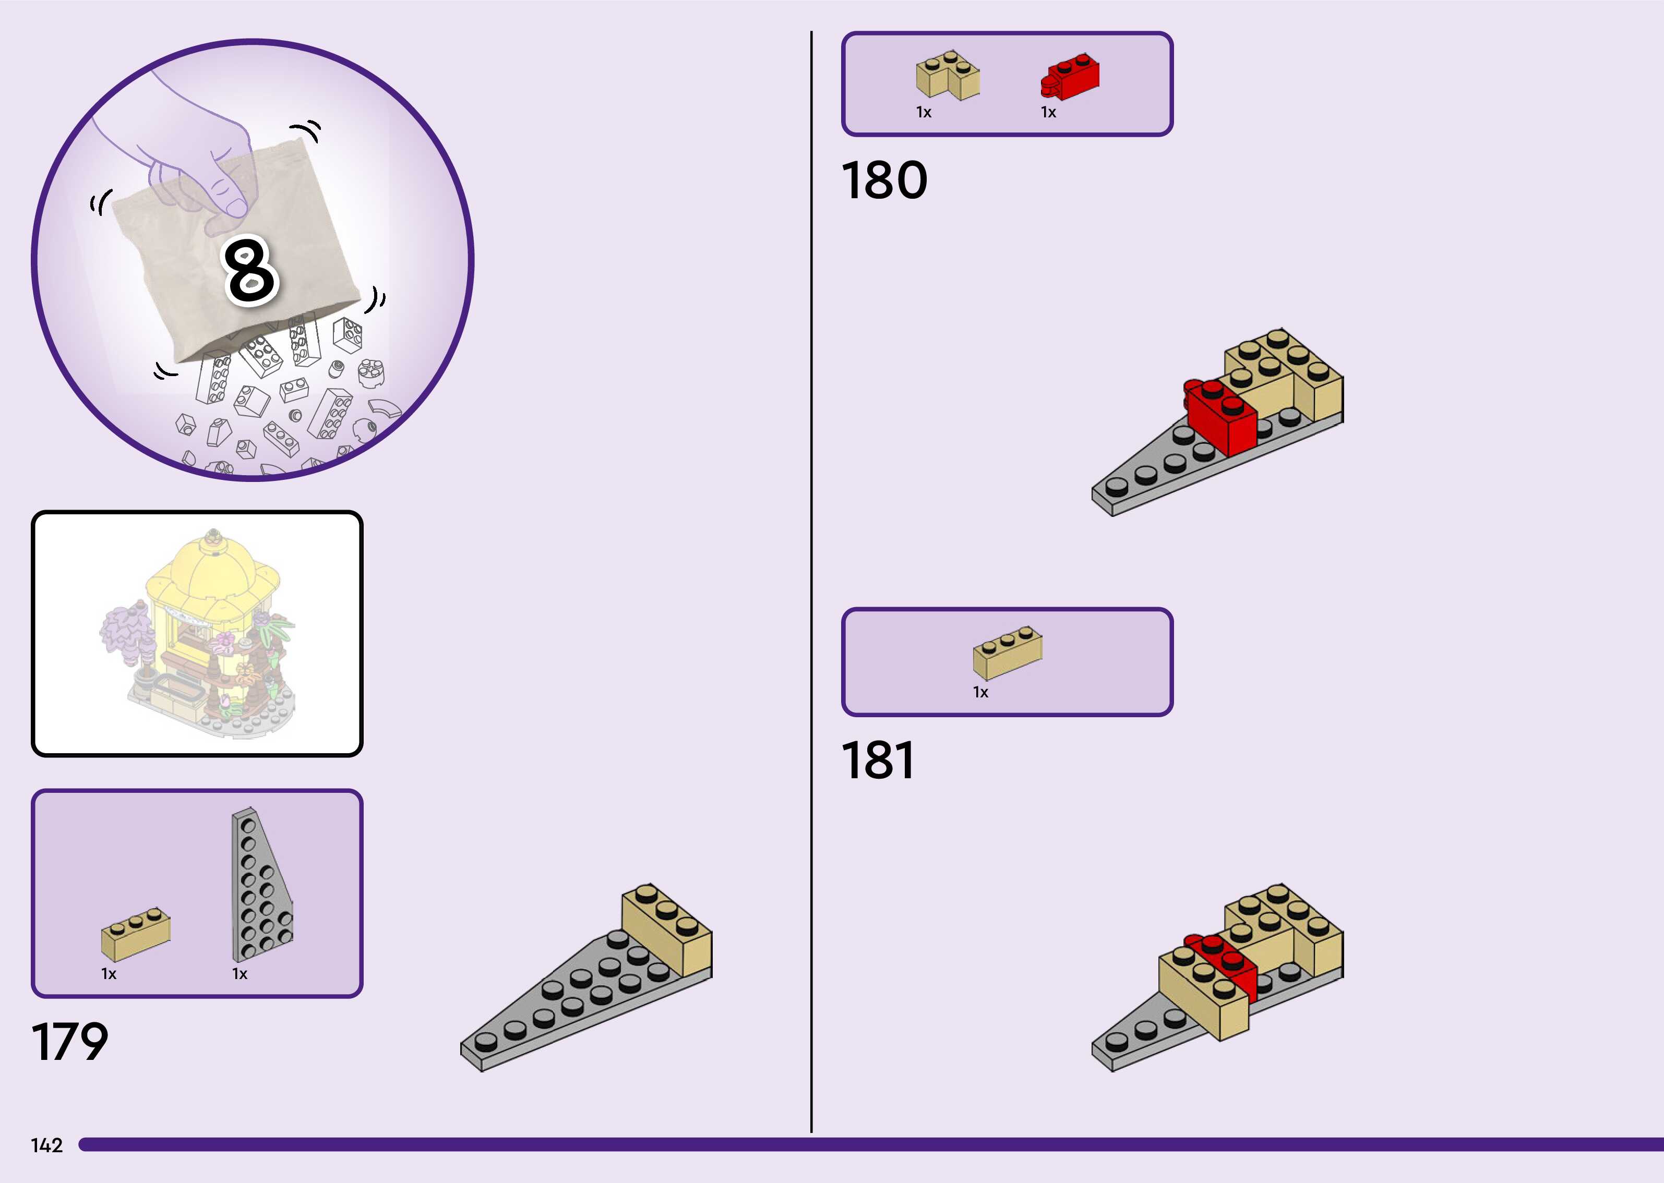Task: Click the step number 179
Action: [x=70, y=1042]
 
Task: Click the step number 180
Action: [x=884, y=180]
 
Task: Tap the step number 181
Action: [x=878, y=760]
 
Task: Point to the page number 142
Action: [x=46, y=1145]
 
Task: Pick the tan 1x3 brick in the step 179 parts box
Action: [x=136, y=934]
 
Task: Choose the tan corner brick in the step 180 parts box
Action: [x=947, y=75]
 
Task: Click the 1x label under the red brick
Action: [x=1048, y=112]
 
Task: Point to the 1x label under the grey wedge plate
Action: [x=240, y=974]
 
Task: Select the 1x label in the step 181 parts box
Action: [x=980, y=692]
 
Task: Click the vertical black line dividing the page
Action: [x=811, y=583]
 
